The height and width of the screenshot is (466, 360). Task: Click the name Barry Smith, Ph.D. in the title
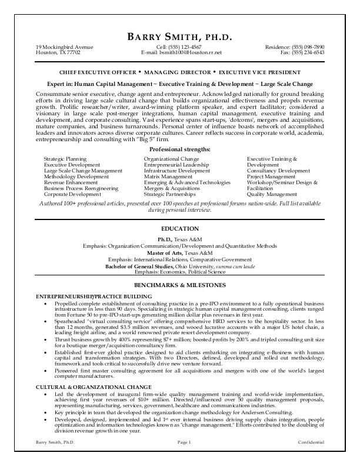click(x=180, y=38)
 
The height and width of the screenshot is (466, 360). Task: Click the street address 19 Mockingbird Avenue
click(x=64, y=47)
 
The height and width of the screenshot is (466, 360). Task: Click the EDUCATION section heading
click(x=180, y=228)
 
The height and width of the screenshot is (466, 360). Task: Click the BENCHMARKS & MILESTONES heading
click(x=180, y=285)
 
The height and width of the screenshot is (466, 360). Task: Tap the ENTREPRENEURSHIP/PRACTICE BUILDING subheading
click(x=94, y=296)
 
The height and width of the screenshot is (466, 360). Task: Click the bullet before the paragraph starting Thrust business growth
click(x=46, y=341)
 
